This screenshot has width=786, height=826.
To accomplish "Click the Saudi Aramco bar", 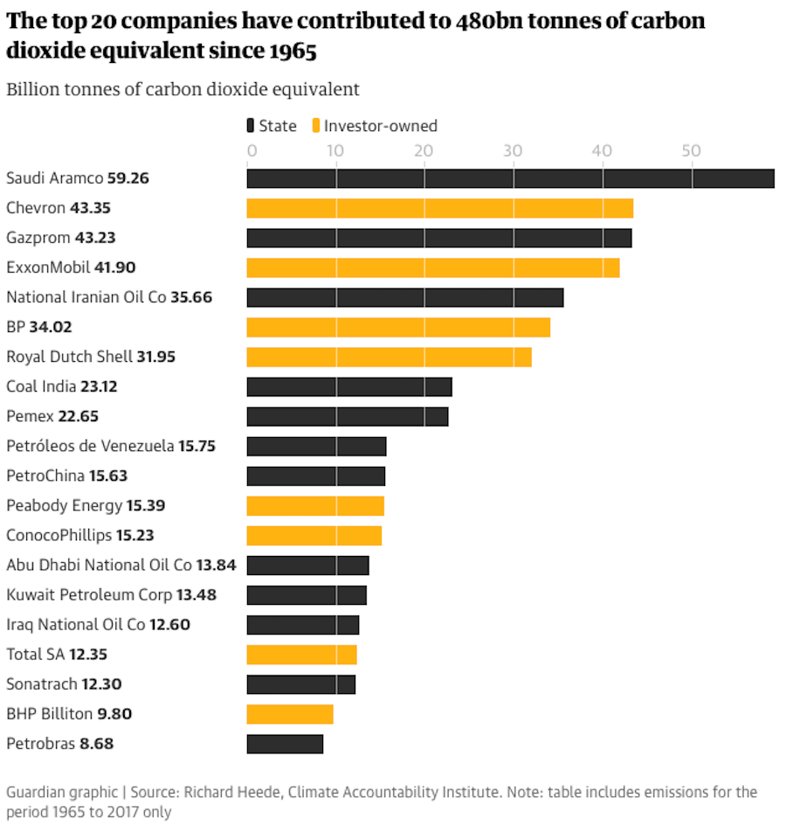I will (x=510, y=178).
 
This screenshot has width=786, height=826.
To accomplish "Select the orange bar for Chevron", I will (x=439, y=208).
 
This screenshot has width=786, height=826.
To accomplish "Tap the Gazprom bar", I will (x=438, y=238).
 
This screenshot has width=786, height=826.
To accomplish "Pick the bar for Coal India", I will (x=349, y=386).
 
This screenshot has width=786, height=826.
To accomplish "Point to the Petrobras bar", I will (x=285, y=744).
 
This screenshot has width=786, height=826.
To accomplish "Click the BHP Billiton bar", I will (x=290, y=714).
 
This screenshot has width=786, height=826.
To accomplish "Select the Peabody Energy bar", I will (x=315, y=505).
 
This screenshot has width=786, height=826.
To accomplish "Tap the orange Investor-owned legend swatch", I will (x=316, y=126).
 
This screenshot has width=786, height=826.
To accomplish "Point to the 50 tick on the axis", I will (x=692, y=150).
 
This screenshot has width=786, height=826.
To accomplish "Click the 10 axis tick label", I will (x=336, y=150).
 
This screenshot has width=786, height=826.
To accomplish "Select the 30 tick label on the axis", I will (x=514, y=150).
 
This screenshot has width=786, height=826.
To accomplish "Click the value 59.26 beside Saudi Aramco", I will (x=128, y=178).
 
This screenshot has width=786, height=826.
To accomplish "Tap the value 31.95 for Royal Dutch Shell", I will (x=157, y=357).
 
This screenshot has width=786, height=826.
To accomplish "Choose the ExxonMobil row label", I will (x=49, y=267).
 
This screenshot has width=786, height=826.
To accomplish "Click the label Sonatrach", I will (x=42, y=684).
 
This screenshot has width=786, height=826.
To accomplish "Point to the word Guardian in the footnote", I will (x=34, y=792).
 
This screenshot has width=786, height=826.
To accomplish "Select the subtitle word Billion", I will (x=31, y=89).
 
